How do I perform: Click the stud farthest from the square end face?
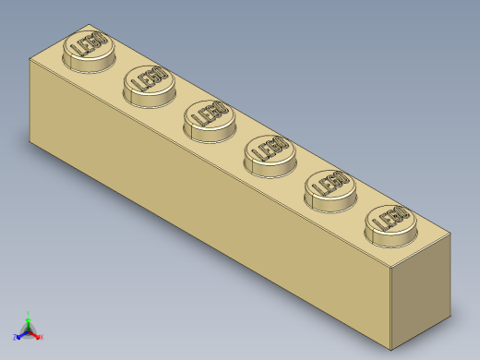tap(86, 47)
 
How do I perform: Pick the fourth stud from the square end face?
tap(208, 116)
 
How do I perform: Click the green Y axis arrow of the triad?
tap(29, 318)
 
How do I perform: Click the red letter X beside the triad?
tap(42, 337)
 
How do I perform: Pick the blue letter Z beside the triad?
tap(15, 337)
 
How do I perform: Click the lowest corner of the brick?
tap(391, 351)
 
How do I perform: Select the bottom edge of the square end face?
tap(423, 335)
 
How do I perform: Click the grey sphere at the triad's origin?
tap(29, 330)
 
